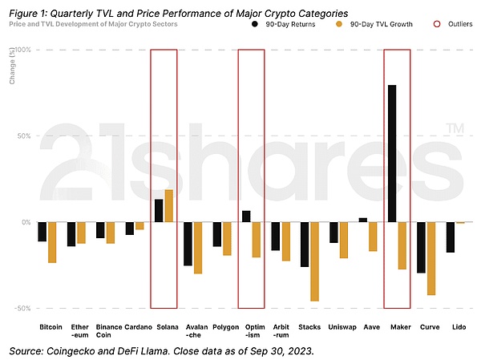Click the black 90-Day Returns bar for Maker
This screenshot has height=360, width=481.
tap(392, 153)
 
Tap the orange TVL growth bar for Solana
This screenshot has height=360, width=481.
tap(168, 206)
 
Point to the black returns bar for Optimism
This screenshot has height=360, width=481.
tap(246, 216)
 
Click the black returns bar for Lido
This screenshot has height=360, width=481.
tap(451, 237)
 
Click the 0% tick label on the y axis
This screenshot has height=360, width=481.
tap(26, 222)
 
